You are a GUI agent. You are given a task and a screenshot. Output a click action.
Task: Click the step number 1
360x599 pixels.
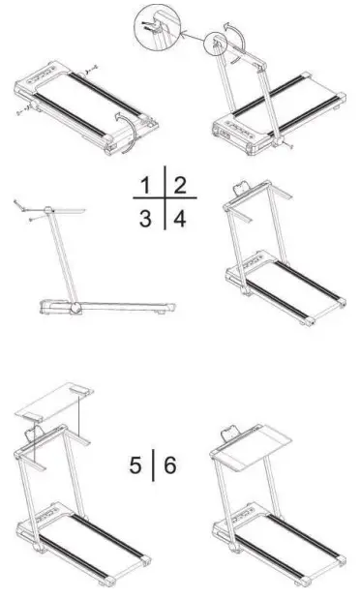(x=146, y=185)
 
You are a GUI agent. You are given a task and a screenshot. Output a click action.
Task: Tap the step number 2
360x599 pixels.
(x=180, y=185)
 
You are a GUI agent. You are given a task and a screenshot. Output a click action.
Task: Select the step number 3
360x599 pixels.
(x=145, y=216)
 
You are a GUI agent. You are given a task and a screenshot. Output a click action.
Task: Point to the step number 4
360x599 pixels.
(x=180, y=217)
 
